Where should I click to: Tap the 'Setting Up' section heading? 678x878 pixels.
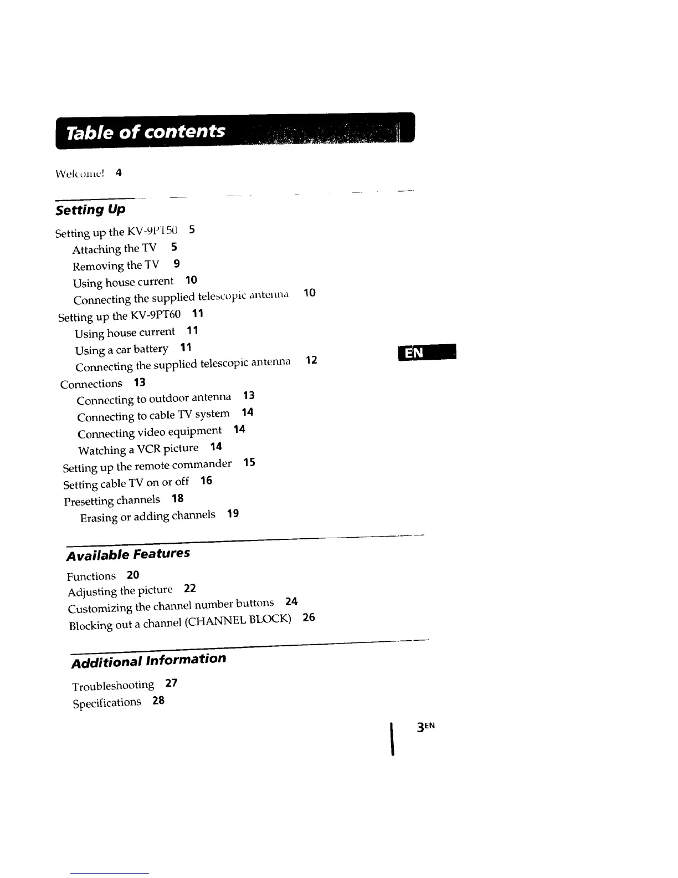coord(90,210)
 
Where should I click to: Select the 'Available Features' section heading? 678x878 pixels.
coord(128,554)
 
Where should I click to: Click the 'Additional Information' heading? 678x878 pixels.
coord(148,660)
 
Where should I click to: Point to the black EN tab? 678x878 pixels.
coord(427,352)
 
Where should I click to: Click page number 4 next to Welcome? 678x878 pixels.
coord(119,172)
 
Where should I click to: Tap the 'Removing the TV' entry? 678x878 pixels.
coord(116,266)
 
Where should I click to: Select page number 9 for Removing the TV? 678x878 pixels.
coord(176,264)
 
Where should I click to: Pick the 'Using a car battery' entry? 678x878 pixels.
coord(122,350)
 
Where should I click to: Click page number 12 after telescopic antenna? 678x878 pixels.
coord(311,360)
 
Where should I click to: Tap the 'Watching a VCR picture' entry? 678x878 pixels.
coord(138,449)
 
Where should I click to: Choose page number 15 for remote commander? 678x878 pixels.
coord(249,462)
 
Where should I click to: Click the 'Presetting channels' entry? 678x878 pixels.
coord(112,501)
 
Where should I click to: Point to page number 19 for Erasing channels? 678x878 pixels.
coord(233,514)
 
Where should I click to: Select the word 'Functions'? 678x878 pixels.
coord(91,576)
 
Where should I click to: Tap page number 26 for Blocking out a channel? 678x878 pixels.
coord(309,617)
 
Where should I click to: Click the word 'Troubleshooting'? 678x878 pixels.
coord(113,686)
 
